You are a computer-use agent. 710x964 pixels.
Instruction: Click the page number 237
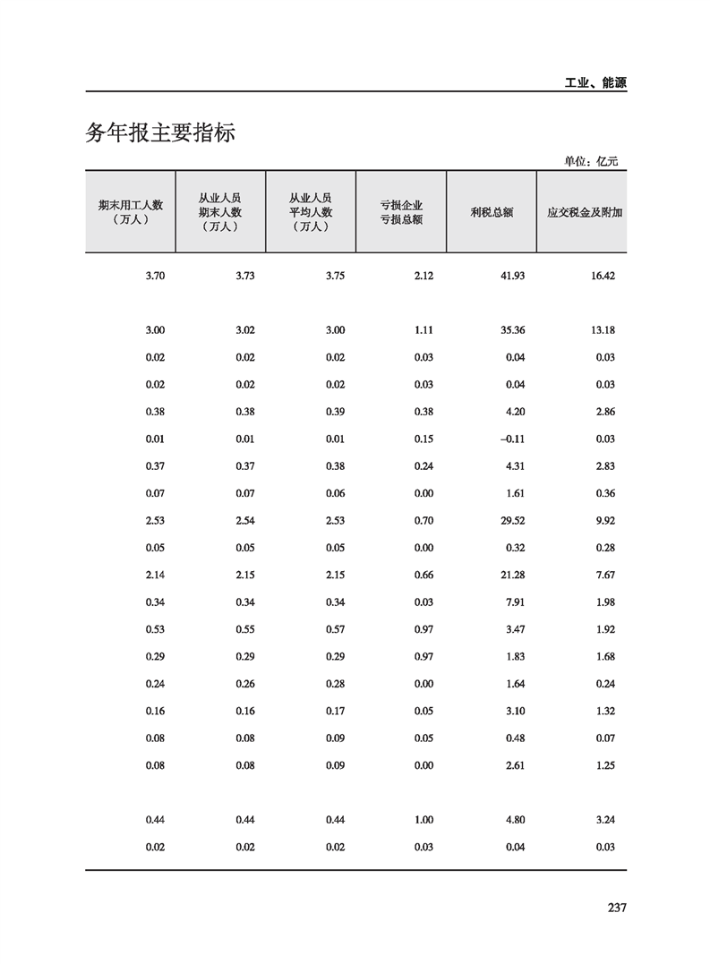(x=616, y=908)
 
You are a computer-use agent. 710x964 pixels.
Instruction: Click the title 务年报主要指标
(x=160, y=133)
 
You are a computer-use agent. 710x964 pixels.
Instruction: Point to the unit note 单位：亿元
(x=591, y=161)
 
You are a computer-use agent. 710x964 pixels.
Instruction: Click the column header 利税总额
(x=491, y=212)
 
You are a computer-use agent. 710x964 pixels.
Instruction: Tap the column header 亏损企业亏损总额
(x=400, y=212)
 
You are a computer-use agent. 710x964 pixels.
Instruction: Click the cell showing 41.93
(x=512, y=276)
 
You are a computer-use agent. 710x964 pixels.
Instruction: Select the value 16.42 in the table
(x=603, y=276)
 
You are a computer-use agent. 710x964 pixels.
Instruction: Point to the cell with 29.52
(x=512, y=520)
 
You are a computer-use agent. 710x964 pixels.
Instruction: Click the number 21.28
(x=512, y=575)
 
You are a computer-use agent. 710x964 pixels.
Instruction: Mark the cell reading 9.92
(x=605, y=520)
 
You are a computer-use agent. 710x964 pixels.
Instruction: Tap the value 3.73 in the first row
(x=244, y=276)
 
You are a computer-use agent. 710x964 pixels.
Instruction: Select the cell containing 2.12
(x=424, y=276)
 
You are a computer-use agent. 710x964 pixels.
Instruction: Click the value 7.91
(x=515, y=602)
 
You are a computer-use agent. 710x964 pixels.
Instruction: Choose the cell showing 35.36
(x=512, y=330)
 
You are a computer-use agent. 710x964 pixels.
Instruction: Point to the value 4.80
(x=515, y=820)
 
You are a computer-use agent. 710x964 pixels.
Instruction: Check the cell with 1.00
(x=424, y=820)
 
